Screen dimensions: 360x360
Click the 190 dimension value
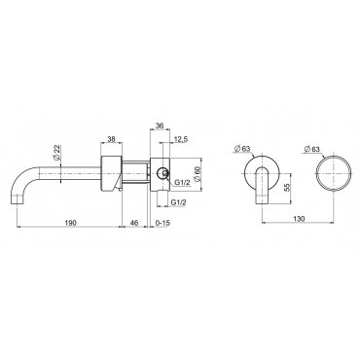[x=70, y=223]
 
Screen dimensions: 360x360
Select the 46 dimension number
[x=134, y=223]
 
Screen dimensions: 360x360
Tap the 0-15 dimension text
[x=162, y=223]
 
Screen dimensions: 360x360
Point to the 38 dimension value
[x=111, y=139]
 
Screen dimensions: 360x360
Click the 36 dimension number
[x=160, y=126]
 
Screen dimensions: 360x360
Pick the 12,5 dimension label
[x=181, y=139]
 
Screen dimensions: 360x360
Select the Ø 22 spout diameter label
[x=56, y=153]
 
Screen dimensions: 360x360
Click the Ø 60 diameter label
[x=196, y=174]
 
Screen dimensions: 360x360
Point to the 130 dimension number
[x=298, y=219]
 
